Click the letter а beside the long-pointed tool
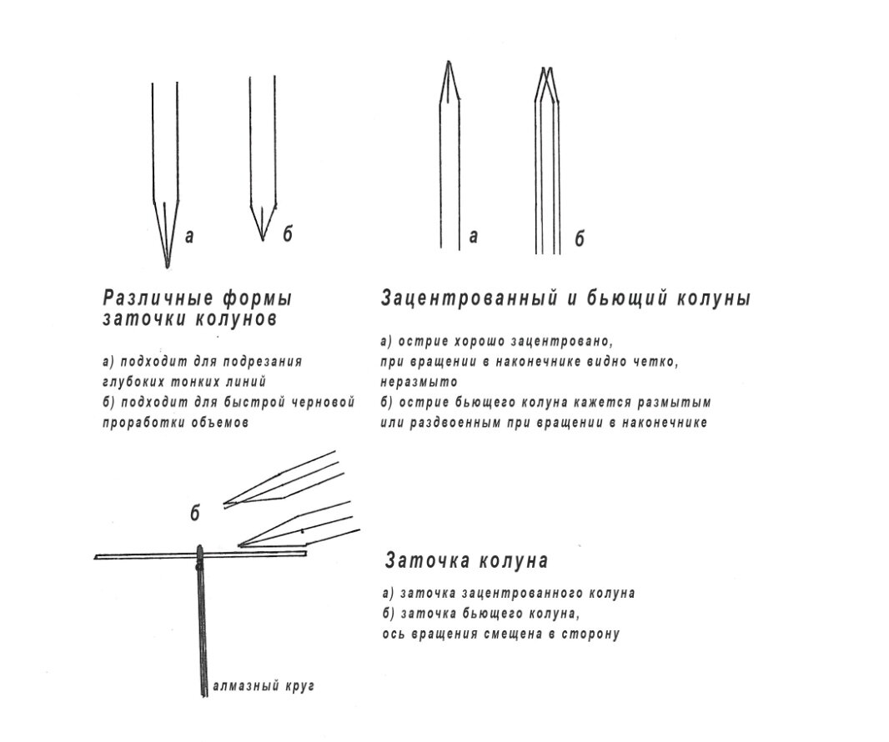coord(189,237)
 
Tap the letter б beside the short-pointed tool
coord(287,236)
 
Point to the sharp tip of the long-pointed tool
coord(167,266)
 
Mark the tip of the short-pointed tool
coord(263,239)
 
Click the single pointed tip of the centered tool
coord(449,63)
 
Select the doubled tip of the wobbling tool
coord(546,69)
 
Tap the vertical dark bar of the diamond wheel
coord(203,625)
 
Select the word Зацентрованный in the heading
coord(472,298)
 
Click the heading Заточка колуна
coord(466,561)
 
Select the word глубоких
coord(135,382)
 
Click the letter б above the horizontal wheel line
coord(195,514)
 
